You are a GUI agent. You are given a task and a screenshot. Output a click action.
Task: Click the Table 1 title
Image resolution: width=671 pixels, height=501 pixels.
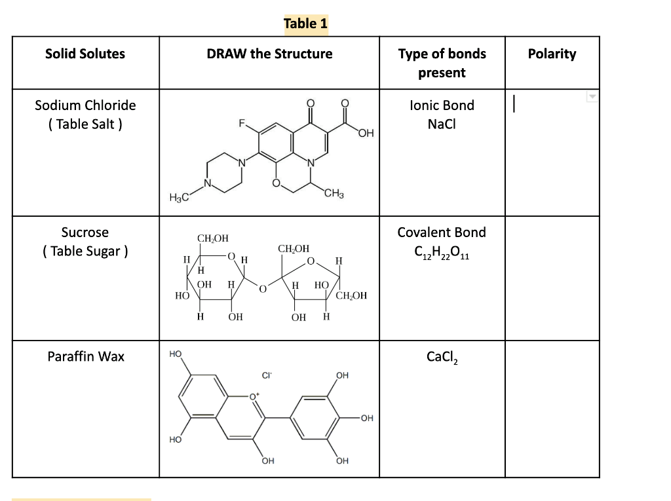305,24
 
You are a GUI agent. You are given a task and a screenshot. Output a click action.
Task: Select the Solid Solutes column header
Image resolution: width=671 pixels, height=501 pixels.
85,54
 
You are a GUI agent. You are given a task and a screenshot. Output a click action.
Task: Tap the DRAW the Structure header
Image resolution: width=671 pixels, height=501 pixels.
269,54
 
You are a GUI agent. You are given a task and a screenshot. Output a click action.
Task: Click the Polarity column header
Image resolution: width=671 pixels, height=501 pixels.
552,54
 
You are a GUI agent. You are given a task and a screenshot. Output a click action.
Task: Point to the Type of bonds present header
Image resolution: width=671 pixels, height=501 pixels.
442,63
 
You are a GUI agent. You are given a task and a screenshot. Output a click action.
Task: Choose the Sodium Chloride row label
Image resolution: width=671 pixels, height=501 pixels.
85,115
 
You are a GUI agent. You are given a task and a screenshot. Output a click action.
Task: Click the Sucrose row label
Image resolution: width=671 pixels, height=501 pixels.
85,242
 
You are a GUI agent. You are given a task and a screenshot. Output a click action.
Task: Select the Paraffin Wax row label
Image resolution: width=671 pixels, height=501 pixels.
85,356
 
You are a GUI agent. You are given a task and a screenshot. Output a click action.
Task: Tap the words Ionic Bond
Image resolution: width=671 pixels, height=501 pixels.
442,105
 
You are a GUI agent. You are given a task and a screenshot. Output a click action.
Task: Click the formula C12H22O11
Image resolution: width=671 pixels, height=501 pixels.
442,252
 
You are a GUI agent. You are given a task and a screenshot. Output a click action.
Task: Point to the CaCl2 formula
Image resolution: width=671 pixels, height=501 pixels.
442,357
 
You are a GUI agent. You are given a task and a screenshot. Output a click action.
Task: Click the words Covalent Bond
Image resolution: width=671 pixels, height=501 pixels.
442,232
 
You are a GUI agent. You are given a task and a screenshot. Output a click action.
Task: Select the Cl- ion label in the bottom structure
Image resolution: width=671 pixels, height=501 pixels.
267,376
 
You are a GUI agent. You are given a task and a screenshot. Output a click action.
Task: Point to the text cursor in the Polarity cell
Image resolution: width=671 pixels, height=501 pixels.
516,105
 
